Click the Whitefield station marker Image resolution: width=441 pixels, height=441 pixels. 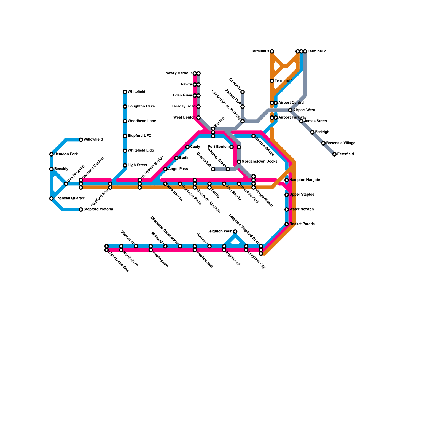point(125,92)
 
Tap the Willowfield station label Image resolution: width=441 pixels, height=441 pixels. point(93,139)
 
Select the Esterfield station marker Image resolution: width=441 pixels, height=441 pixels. point(334,154)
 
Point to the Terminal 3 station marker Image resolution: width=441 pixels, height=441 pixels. point(272,52)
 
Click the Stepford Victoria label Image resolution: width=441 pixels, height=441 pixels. point(98,209)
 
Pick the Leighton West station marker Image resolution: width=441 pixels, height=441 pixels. point(235,232)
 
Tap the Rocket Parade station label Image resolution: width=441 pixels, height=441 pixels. point(302,224)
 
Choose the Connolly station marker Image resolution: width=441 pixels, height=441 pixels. point(243,92)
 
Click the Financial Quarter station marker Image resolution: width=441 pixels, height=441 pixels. point(51,198)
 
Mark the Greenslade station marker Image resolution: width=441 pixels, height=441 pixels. point(213,169)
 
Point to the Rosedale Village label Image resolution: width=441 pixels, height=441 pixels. point(341,143)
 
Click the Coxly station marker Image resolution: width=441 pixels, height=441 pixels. point(187,147)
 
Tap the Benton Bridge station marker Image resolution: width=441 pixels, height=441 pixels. point(254,136)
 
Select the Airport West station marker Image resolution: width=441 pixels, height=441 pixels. point(290,110)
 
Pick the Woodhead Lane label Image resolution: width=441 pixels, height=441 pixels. point(142,121)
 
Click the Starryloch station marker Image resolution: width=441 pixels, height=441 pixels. point(136,246)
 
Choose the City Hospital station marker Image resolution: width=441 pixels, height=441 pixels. point(66,184)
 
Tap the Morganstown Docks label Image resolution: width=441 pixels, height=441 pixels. point(259,162)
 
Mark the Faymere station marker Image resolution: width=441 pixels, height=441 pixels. point(209,246)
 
